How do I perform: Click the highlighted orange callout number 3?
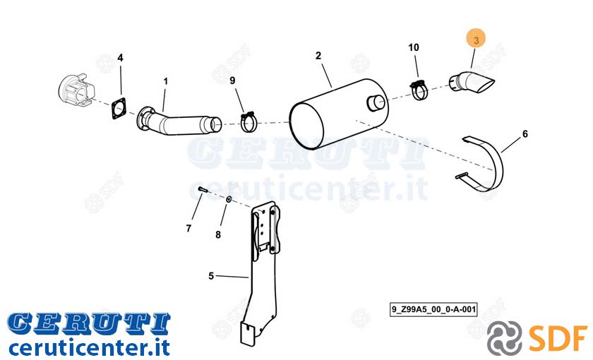[x=476, y=40]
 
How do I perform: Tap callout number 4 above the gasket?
[x=120, y=58]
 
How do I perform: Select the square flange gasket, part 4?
[x=119, y=109]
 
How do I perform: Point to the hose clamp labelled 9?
[x=248, y=121]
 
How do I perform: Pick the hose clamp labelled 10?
[x=419, y=90]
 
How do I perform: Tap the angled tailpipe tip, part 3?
[x=472, y=82]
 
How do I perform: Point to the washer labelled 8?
[x=229, y=199]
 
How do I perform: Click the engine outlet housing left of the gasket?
[x=77, y=92]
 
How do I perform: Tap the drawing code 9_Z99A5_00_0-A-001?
[x=433, y=309]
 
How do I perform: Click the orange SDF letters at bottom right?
[x=558, y=337]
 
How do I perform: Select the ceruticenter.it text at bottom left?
[x=89, y=347]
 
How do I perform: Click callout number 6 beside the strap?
[x=525, y=134]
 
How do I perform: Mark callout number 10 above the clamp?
[x=414, y=47]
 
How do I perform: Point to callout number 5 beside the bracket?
[x=211, y=276]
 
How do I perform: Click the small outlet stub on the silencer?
[x=376, y=103]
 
